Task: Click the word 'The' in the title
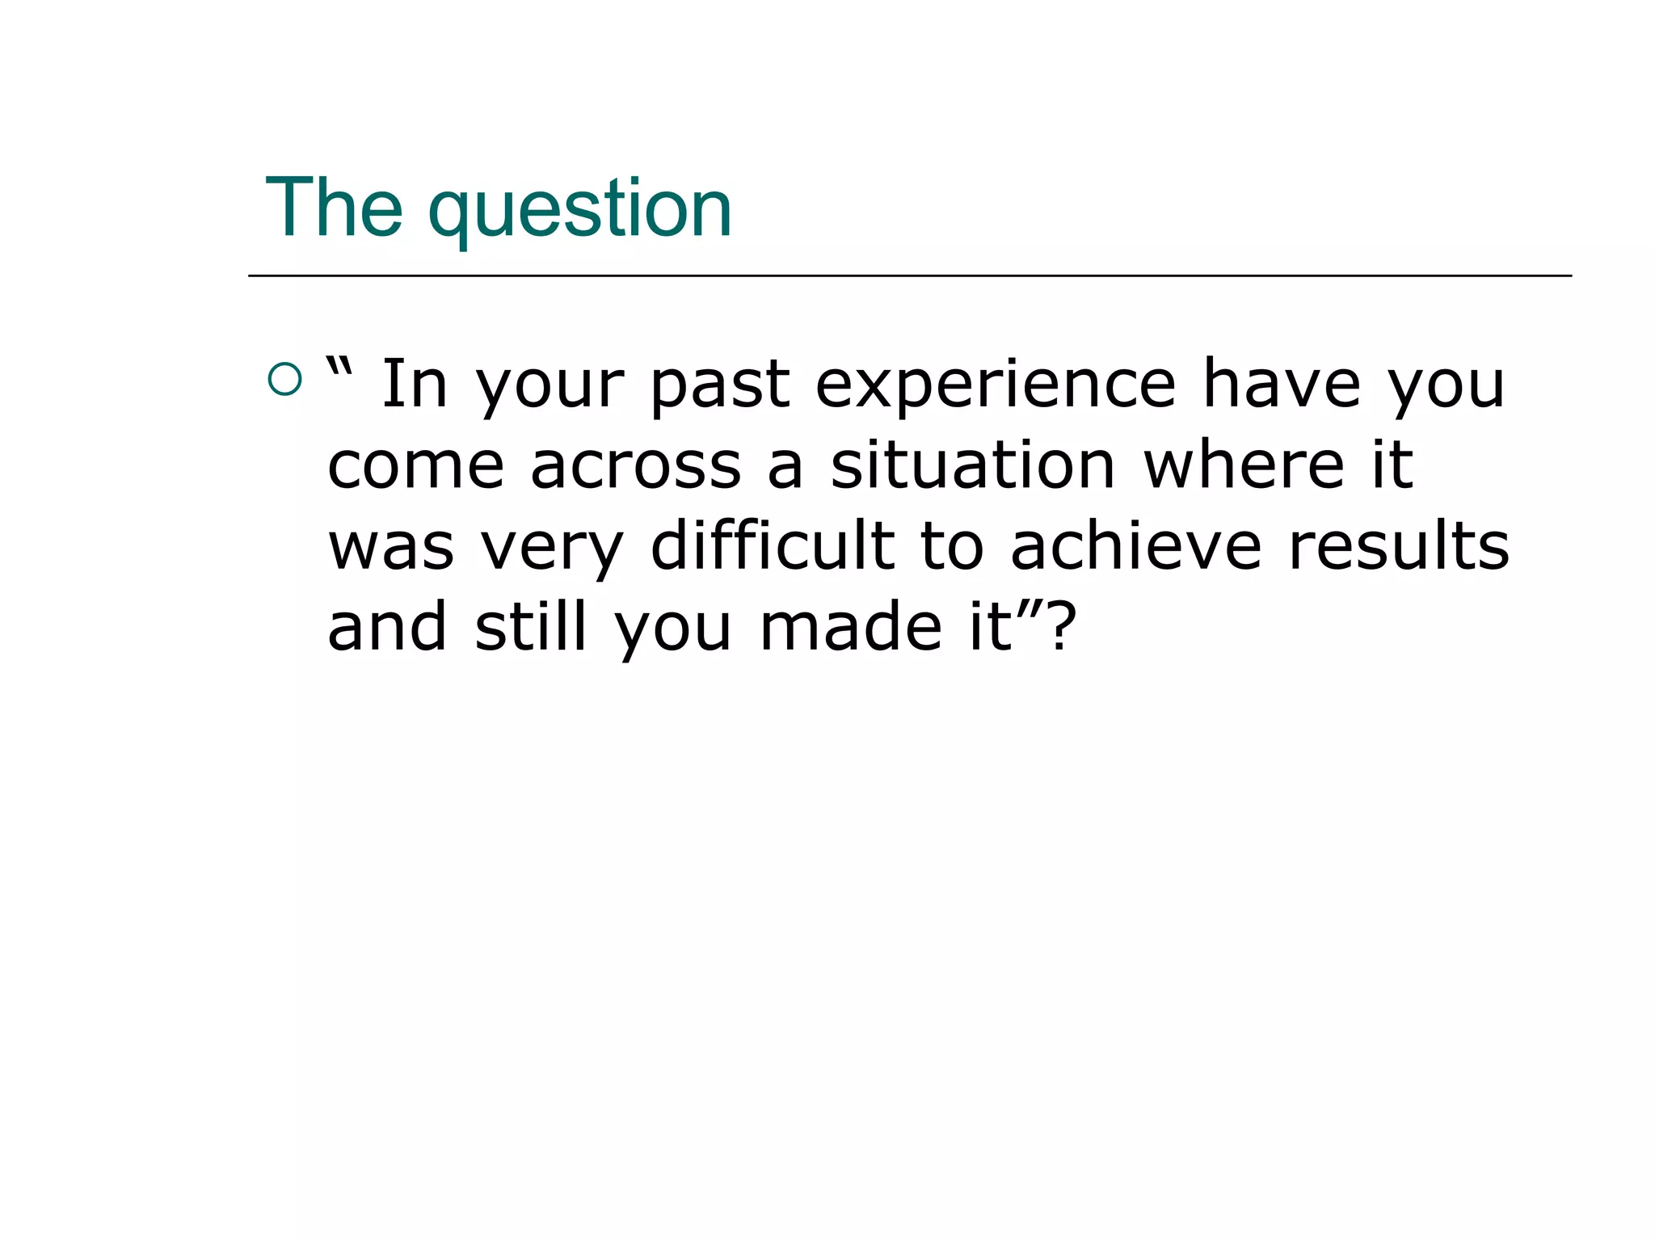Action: (x=334, y=208)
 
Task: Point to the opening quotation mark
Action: (x=340, y=370)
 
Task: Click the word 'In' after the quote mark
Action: (x=414, y=385)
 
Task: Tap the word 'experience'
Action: (x=995, y=388)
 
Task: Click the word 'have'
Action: (x=1282, y=385)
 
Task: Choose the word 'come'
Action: (x=416, y=467)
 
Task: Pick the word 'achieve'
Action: (x=1135, y=546)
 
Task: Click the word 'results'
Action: (x=1399, y=546)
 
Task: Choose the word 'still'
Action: (x=530, y=627)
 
